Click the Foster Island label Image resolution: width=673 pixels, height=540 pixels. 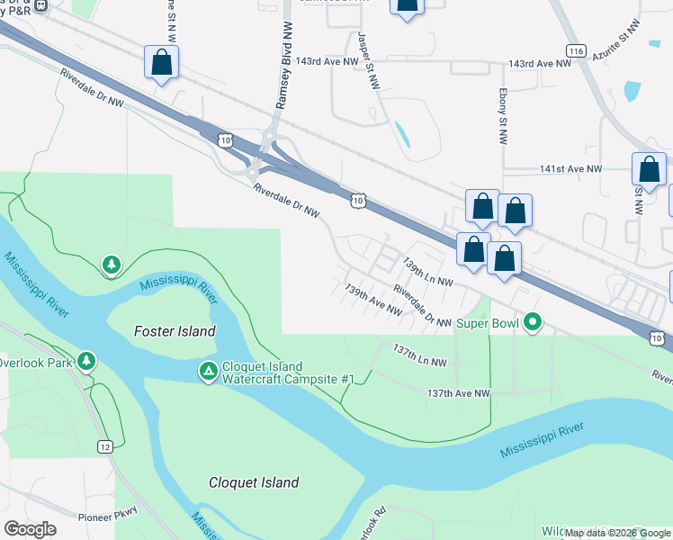[x=175, y=331]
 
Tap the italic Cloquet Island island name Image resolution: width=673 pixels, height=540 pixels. [x=254, y=482]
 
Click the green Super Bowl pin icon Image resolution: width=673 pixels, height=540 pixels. [x=533, y=320]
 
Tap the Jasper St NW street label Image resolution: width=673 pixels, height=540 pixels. [x=369, y=60]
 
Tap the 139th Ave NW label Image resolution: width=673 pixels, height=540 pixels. [x=372, y=300]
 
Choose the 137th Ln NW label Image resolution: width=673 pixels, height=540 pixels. [x=419, y=355]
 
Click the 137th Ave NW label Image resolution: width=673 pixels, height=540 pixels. [x=458, y=393]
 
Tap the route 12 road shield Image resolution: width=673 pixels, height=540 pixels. [x=104, y=447]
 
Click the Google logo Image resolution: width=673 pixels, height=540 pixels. [x=30, y=528]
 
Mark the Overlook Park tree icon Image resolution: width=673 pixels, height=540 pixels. [x=86, y=361]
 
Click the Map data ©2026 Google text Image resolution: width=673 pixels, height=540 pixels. [x=616, y=533]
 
